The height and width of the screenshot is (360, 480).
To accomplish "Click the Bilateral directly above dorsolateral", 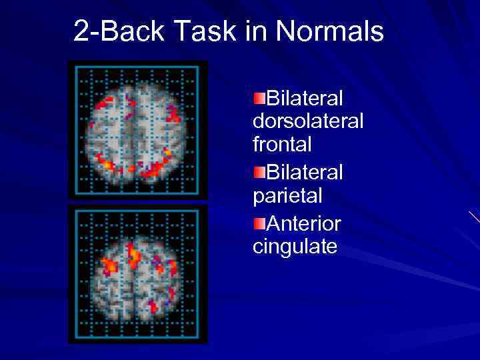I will (305, 98).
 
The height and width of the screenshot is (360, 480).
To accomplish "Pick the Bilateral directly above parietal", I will (305, 172).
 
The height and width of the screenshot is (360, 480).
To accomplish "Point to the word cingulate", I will (295, 247).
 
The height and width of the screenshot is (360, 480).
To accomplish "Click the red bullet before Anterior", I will (259, 221).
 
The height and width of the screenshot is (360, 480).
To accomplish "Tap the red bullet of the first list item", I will (259, 98).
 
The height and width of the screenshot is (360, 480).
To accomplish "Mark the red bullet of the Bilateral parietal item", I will (259, 172).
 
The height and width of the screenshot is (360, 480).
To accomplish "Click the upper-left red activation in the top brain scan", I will (104, 103).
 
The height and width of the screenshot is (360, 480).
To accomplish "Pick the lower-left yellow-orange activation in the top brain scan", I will (105, 161).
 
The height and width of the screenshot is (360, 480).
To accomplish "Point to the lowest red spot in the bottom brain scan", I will (153, 307).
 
